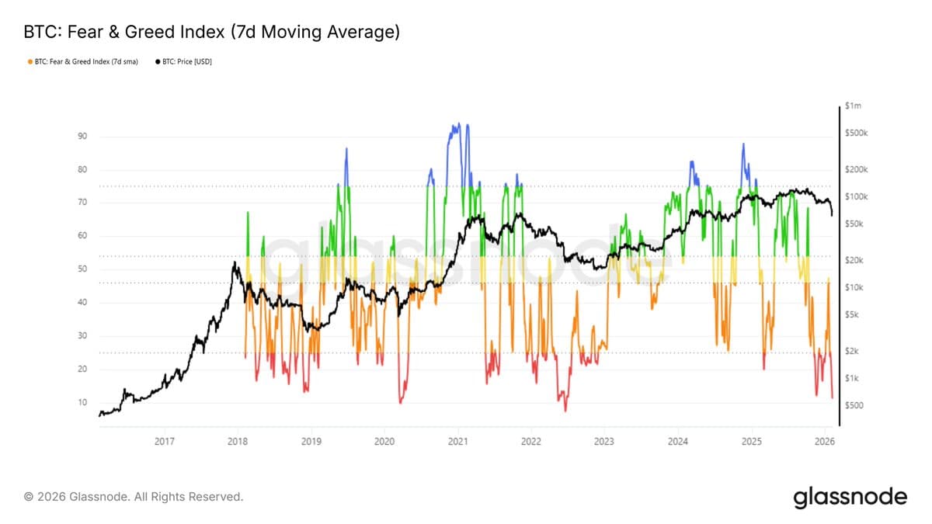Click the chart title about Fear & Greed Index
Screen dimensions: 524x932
212,32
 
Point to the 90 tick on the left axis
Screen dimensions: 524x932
82,137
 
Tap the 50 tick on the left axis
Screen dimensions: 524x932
82,269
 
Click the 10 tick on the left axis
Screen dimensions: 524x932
82,402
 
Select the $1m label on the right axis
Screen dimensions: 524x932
853,106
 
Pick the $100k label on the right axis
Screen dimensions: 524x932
855,196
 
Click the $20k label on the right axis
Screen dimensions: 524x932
854,260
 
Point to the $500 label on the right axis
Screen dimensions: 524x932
854,405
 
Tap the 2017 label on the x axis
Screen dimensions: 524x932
165,442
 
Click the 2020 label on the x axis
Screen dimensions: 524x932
384,442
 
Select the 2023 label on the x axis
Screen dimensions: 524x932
604,442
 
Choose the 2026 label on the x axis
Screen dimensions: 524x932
824,442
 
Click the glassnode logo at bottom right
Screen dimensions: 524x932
850,496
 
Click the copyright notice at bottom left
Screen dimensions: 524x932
134,496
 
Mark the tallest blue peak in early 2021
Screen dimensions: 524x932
458,124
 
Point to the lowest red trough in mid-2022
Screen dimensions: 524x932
565,410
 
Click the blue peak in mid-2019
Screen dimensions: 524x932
346,149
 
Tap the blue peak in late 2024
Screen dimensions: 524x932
743,144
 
